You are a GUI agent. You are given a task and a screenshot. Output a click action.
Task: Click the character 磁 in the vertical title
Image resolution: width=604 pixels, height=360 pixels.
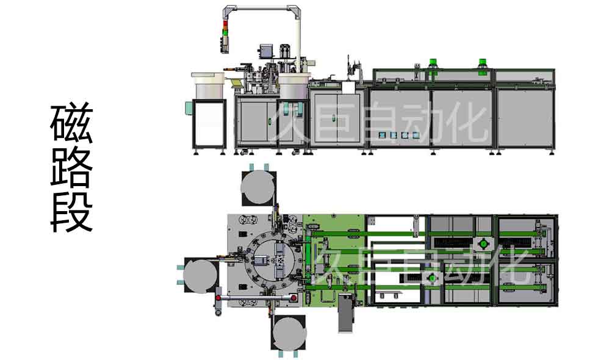[x=71, y=123]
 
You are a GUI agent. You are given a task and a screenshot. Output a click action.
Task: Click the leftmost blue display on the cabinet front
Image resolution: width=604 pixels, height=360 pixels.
[x=382, y=135]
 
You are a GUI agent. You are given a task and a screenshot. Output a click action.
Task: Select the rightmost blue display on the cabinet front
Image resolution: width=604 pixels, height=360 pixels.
[x=415, y=135]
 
